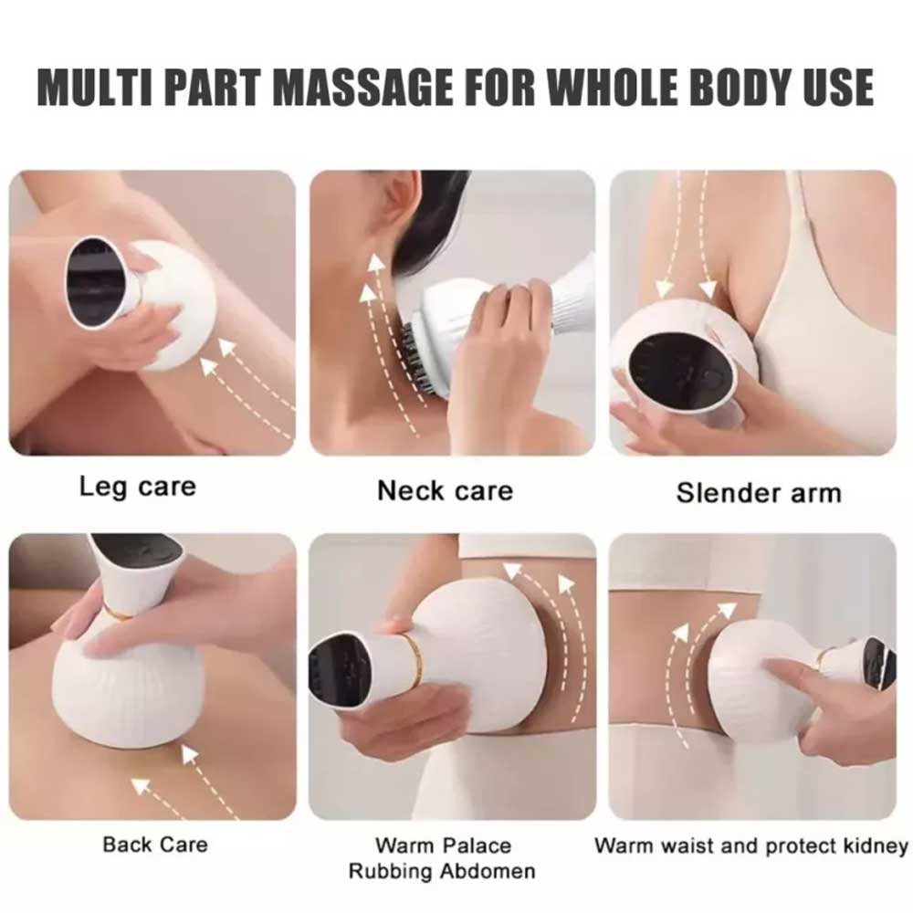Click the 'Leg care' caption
pos(138,487)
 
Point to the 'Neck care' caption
pos(446,490)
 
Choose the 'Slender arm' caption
pos(759,493)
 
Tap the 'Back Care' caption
pos(155,845)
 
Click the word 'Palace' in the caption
pos(477,845)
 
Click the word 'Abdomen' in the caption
pos(488,872)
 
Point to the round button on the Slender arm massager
pos(713,380)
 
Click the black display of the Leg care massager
pos(96,280)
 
